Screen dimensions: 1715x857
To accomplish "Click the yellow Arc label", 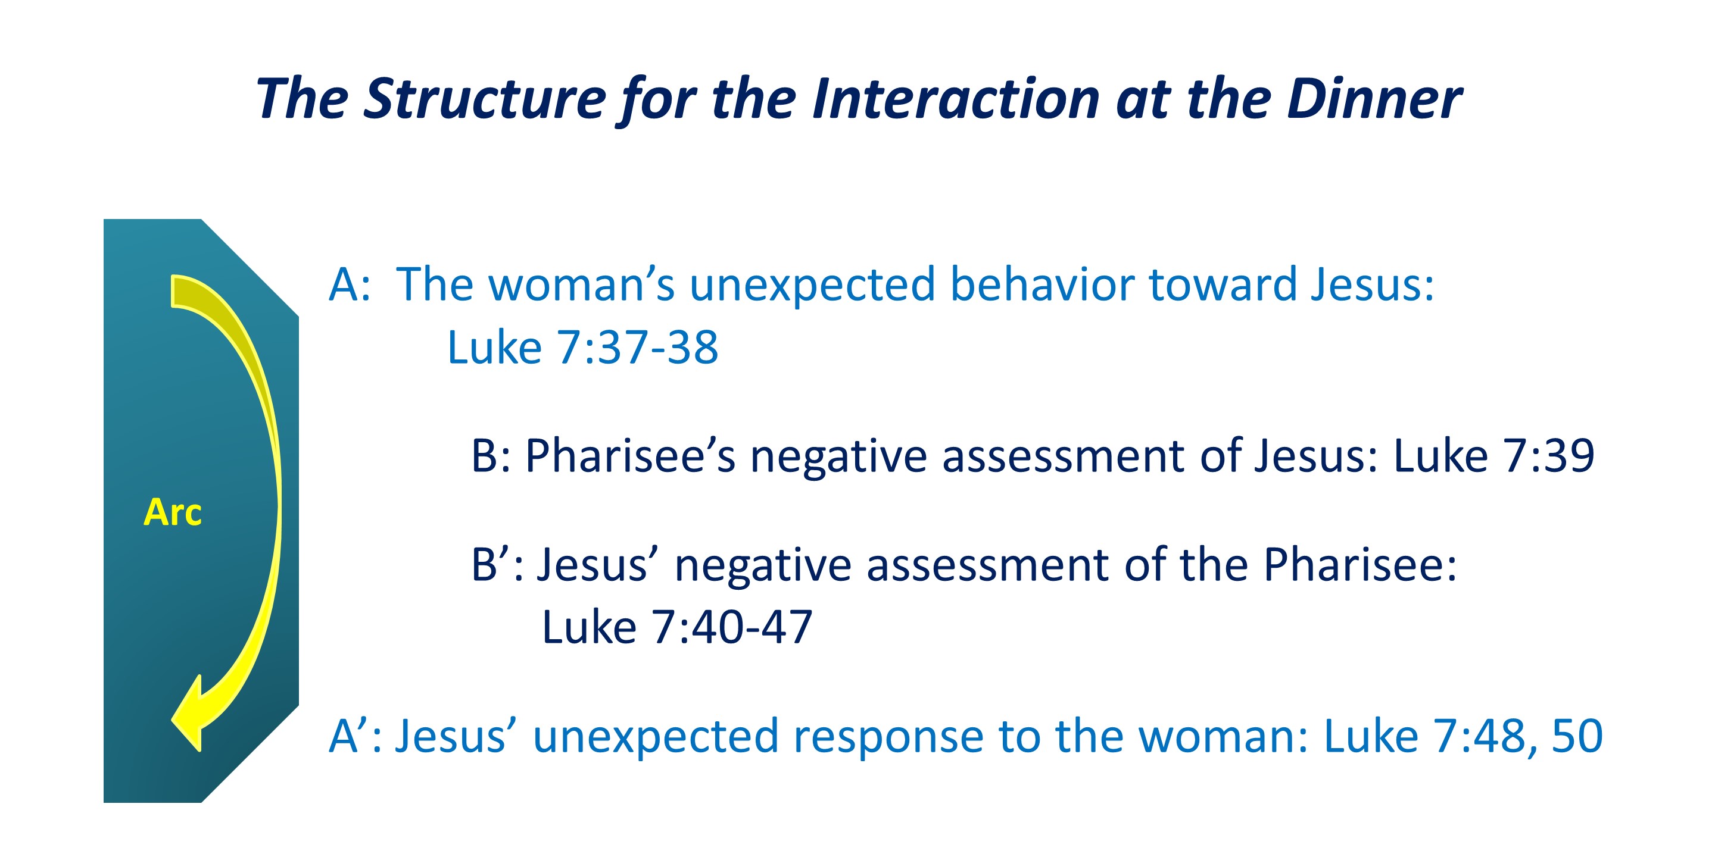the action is point(173,512).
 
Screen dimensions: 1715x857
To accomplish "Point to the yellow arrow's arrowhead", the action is point(187,715).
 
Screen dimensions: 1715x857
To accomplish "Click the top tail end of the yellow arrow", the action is point(173,292).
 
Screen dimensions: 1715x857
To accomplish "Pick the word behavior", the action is point(1042,285).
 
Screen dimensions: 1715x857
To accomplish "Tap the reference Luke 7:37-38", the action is point(583,348).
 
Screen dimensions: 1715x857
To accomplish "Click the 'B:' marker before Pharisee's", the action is point(491,456).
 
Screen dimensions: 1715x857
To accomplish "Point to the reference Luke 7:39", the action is point(1494,456).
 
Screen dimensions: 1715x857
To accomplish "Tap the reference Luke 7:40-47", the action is point(677,627).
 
